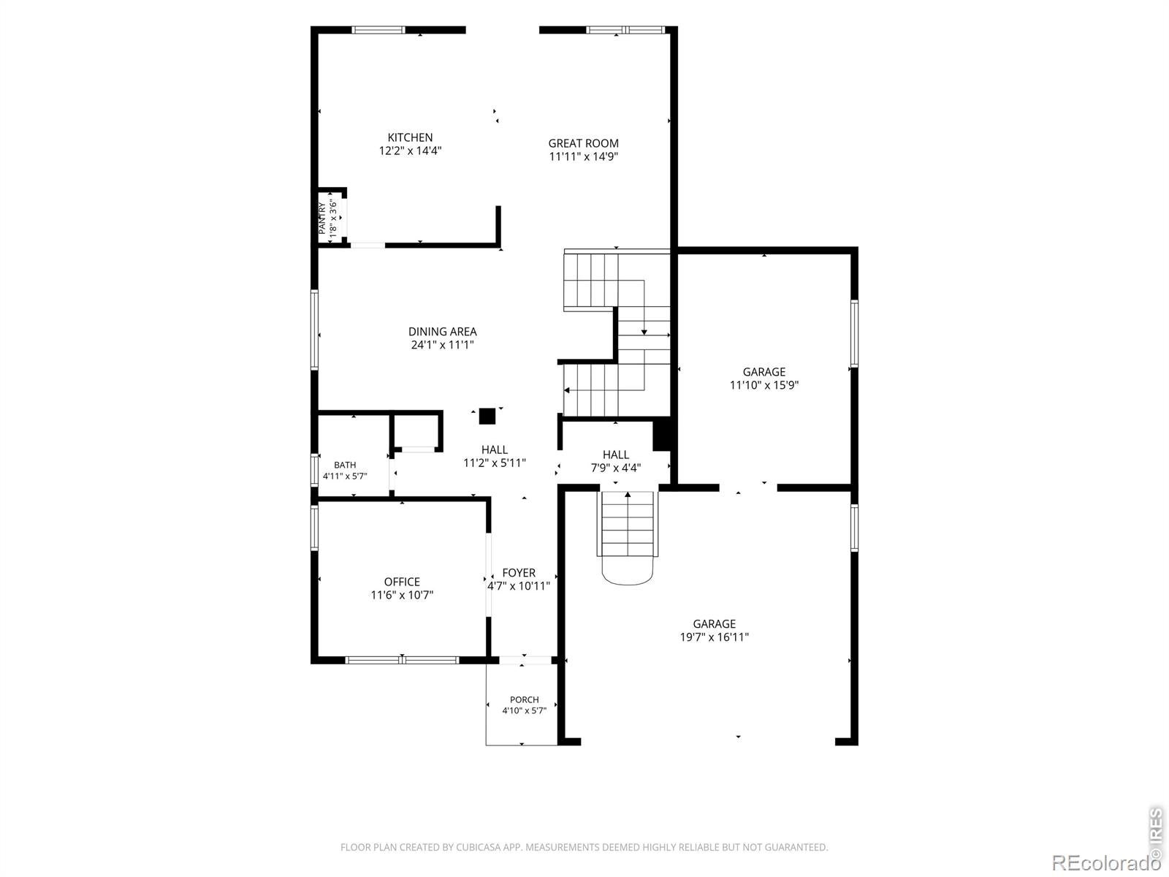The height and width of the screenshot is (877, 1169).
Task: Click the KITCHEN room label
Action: tap(410, 137)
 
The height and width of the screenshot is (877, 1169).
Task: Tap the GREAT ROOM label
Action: tap(583, 143)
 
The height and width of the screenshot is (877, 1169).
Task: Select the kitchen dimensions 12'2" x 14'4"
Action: tap(410, 151)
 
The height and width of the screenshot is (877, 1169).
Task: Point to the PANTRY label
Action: tap(321, 219)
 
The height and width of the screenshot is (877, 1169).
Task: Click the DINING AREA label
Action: tap(442, 331)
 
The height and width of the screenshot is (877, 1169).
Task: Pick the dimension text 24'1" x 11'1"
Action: tap(442, 344)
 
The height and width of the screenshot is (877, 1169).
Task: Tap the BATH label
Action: tap(345, 465)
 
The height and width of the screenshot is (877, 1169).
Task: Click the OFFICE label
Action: tap(402, 582)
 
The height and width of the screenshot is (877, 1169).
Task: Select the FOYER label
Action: tap(519, 572)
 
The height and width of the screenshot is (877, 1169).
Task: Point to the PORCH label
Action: tap(524, 699)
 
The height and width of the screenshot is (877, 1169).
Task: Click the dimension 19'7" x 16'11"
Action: tap(714, 637)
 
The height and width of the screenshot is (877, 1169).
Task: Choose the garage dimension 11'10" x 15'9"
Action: tap(764, 384)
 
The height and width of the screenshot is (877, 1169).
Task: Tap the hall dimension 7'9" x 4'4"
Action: tap(616, 468)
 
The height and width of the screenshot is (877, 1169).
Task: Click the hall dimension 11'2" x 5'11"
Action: tap(494, 463)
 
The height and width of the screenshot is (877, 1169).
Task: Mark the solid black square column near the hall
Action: tap(487, 416)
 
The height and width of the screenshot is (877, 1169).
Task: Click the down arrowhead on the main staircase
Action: tap(644, 332)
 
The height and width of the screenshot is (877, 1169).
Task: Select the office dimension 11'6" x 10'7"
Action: tap(402, 595)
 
